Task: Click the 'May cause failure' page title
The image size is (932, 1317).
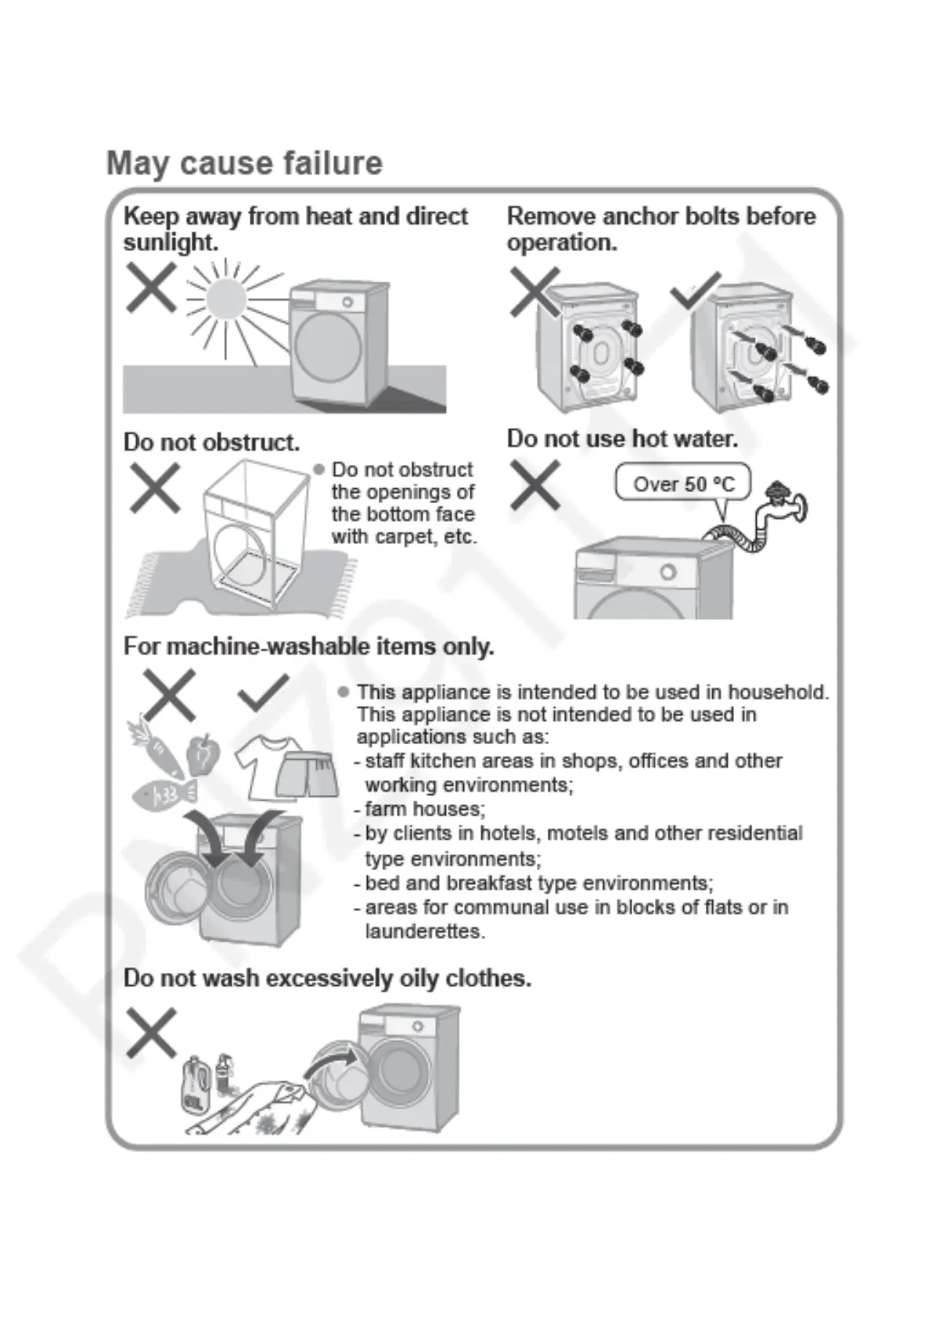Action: [244, 163]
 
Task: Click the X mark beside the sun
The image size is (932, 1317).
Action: [151, 286]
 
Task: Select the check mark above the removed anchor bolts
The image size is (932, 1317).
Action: [696, 290]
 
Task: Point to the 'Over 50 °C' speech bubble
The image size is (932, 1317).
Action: [683, 484]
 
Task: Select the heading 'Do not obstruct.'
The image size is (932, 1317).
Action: [211, 442]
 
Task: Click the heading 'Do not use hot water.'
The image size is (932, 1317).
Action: [622, 438]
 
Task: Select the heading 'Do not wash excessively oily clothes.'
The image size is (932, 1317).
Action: [327, 978]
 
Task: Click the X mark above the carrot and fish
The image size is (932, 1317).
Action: [169, 694]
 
